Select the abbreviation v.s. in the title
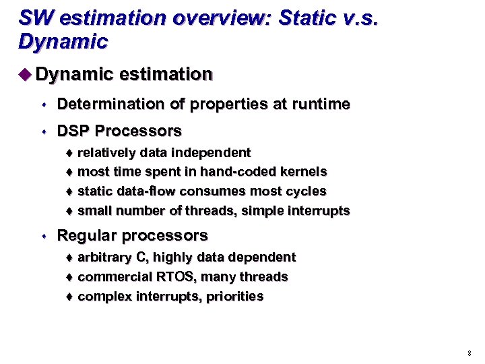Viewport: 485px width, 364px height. click(360, 18)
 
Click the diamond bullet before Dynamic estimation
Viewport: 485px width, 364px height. click(26, 74)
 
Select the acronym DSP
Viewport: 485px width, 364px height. click(73, 130)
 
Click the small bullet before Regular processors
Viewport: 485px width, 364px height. click(42, 237)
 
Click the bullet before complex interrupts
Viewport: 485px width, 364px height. click(71, 297)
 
